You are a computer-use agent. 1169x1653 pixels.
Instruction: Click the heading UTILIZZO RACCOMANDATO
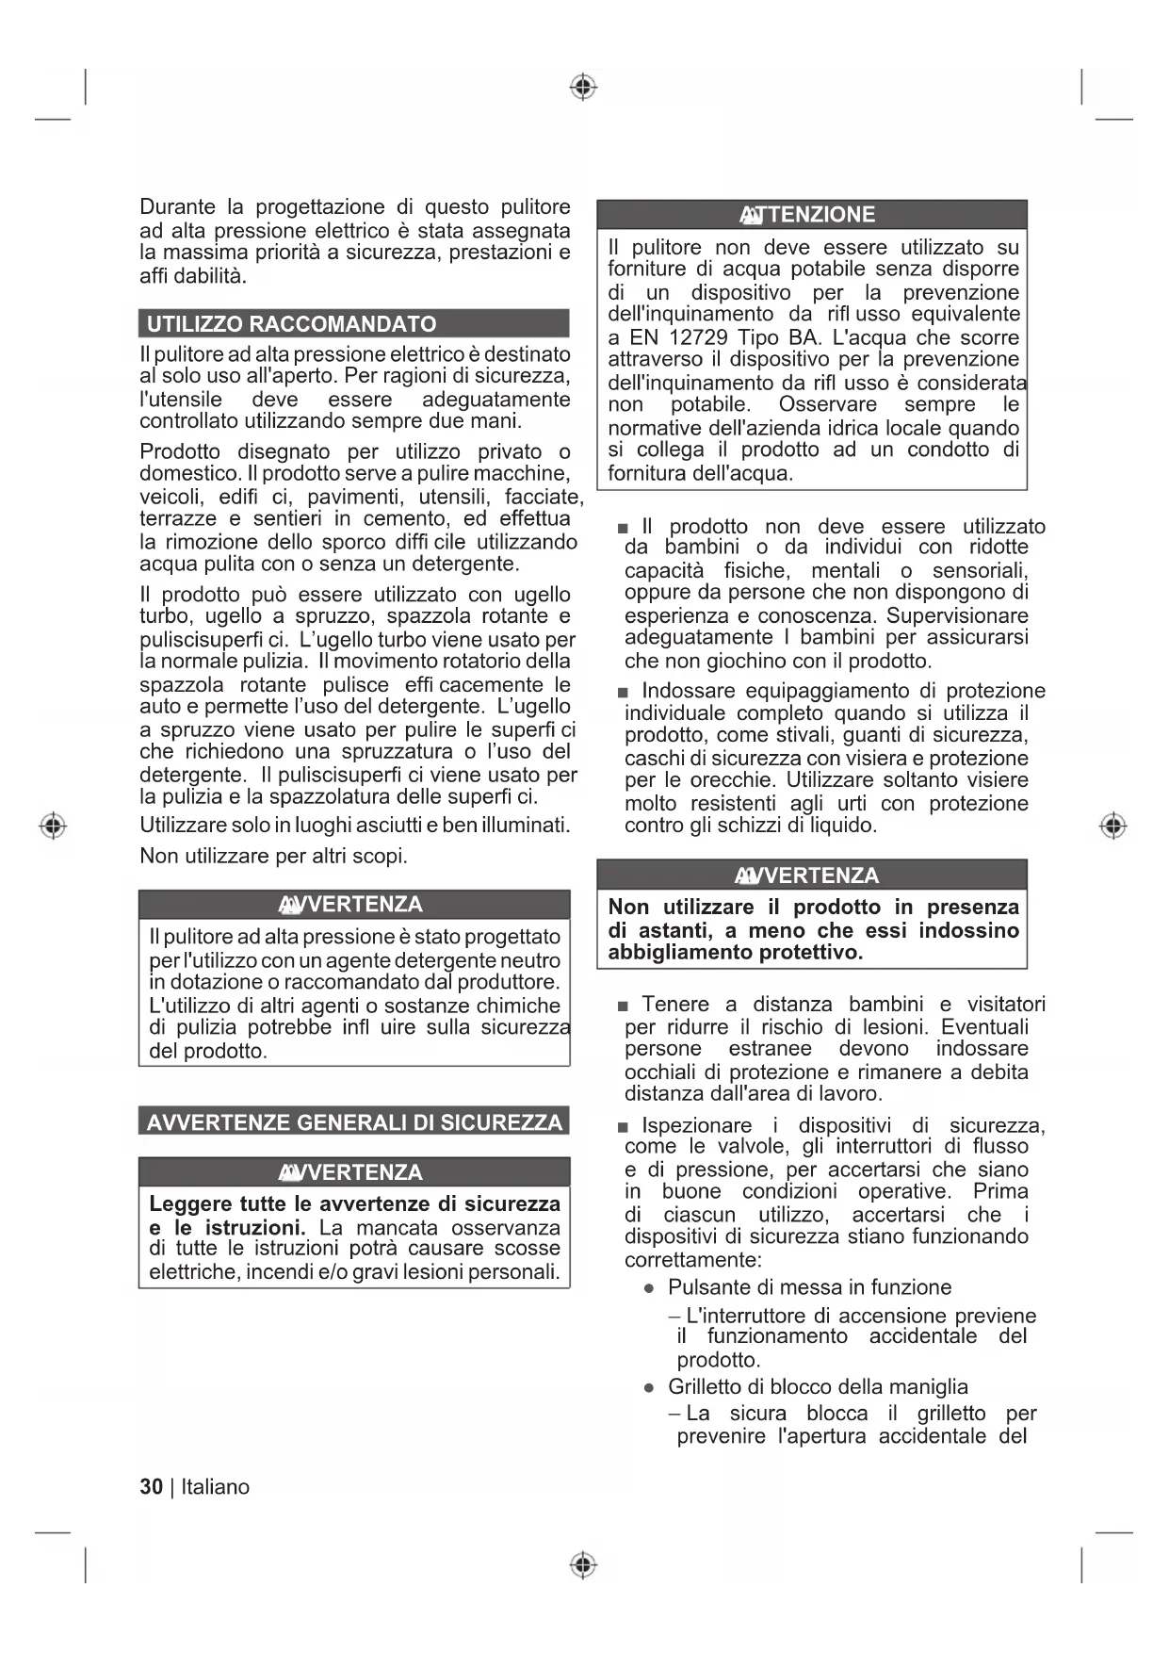coord(292,324)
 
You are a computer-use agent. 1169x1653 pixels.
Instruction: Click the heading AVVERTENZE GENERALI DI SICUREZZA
coord(354,1121)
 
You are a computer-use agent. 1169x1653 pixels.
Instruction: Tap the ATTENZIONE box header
coord(811,215)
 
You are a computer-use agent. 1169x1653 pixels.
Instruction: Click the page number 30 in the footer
coord(151,1487)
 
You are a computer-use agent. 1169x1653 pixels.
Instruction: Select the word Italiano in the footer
coord(216,1487)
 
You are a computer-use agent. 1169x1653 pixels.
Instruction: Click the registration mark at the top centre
coord(584,88)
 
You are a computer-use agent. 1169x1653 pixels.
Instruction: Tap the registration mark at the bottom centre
coord(584,1564)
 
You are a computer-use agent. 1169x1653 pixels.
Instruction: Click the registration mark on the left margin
coord(54,826)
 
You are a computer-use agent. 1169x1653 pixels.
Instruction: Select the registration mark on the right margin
coord(1113,826)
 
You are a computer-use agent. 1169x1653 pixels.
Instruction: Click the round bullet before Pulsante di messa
coord(649,1289)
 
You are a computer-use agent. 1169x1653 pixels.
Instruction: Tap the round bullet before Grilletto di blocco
coord(649,1388)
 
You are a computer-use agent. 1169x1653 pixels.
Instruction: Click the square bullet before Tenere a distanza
coord(622,1007)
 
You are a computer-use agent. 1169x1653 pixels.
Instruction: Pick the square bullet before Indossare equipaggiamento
coord(622,693)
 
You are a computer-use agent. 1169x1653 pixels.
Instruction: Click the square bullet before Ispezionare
coord(622,1127)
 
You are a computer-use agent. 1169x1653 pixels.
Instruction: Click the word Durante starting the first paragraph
coord(177,207)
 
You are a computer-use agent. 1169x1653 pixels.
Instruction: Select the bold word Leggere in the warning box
coord(190,1204)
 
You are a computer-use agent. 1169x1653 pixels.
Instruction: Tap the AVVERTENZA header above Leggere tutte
coord(354,1172)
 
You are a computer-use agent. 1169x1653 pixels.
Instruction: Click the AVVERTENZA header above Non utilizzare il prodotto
coord(811,876)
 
